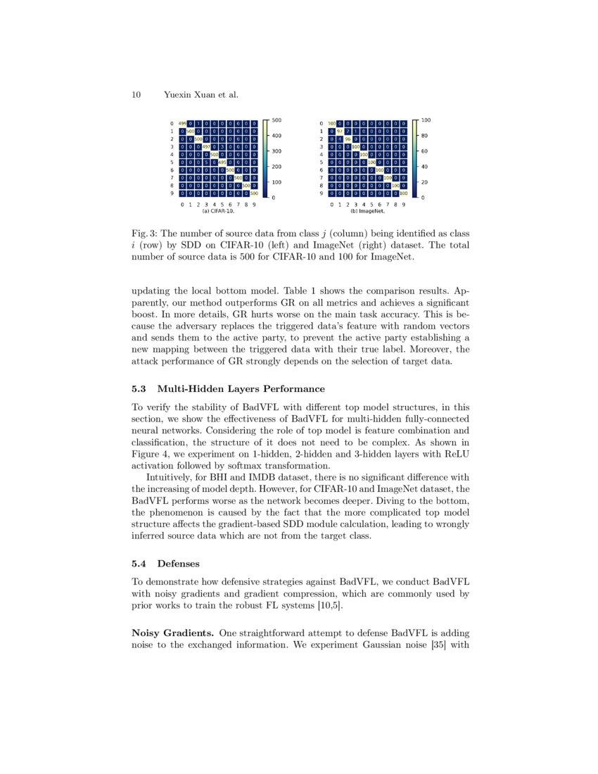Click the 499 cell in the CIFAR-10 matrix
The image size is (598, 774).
(x=182, y=124)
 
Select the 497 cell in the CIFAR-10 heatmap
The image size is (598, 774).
(x=206, y=146)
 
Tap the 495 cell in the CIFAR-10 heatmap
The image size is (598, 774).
(x=222, y=162)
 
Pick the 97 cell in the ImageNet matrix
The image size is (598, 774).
(x=340, y=132)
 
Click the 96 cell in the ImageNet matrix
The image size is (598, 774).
(x=348, y=139)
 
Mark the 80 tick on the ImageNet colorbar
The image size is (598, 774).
(x=425, y=136)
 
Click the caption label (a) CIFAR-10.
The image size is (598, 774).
(x=218, y=211)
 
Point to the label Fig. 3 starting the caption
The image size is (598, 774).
(x=146, y=233)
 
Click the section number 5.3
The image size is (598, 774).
(x=139, y=388)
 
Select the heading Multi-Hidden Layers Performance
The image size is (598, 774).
(x=241, y=388)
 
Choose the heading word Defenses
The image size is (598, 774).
(x=178, y=564)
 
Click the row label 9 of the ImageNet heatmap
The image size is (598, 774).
(x=321, y=193)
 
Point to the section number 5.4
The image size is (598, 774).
(x=139, y=564)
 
